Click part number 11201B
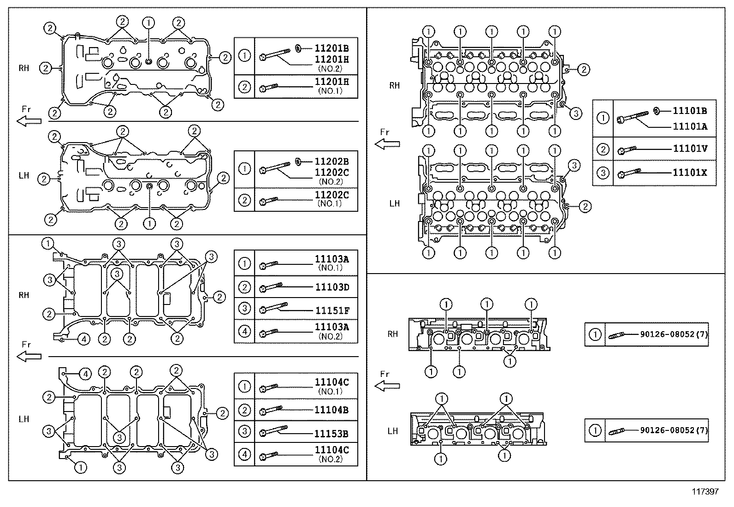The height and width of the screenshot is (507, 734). point(331,48)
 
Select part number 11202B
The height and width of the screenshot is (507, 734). point(331,161)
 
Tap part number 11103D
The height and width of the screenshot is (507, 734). point(331,287)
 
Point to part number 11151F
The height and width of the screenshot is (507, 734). point(331,310)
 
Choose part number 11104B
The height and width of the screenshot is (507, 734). point(331,410)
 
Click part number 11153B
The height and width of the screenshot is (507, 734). point(331,434)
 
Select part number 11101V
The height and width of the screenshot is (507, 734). point(690,149)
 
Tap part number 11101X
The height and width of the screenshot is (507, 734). point(690,173)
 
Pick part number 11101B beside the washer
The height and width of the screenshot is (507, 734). point(690,111)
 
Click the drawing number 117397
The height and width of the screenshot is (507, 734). point(705,492)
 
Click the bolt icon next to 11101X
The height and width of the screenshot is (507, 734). point(629,173)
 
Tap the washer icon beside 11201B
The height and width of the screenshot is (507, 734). point(298,47)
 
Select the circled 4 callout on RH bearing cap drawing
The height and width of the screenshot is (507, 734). point(83,340)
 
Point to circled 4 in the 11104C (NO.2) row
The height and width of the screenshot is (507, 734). point(244,454)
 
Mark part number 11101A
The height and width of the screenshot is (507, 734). point(690,126)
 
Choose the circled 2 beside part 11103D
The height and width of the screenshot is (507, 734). point(244,287)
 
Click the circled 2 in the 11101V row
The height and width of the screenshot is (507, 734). point(603,149)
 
